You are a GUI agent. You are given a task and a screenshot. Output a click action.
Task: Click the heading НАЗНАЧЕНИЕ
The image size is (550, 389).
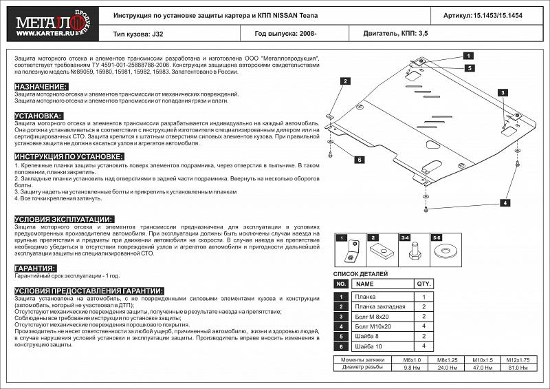[x=41, y=86]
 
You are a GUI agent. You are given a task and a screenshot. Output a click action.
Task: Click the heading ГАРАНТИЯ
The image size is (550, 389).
[x=35, y=268]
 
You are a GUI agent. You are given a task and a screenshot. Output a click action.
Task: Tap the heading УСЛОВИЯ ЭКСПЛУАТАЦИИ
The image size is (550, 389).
[x=64, y=219]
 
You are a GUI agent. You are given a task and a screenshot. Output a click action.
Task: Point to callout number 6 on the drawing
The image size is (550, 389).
[x=359, y=160]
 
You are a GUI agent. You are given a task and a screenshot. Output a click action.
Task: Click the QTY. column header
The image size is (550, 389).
[x=423, y=284]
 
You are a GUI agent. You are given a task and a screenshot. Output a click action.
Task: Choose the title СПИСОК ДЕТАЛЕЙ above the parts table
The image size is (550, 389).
[x=362, y=274]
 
